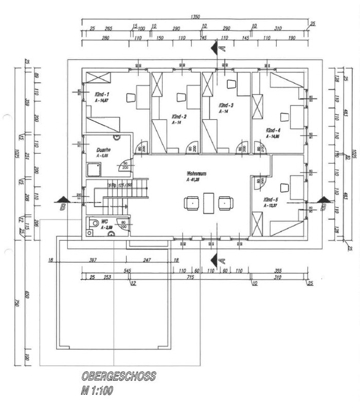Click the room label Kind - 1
[x=101, y=95]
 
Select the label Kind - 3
[x=226, y=105]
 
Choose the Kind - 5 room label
[x=271, y=199]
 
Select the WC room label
[x=104, y=221]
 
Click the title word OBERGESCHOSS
[x=118, y=377]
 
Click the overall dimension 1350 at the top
[x=195, y=17]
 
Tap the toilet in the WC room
[x=94, y=224]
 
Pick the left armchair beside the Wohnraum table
[x=191, y=203]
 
